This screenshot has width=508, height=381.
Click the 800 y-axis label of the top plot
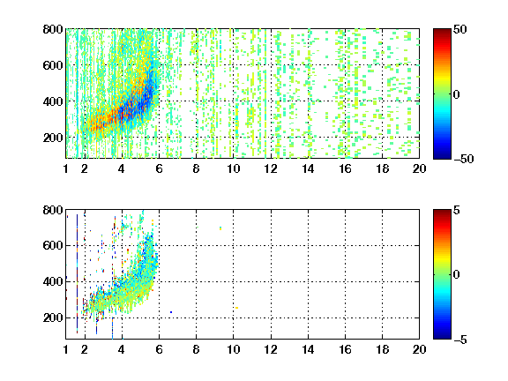pyautogui.click(x=53, y=29)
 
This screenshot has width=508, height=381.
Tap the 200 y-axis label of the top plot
pyautogui.click(x=53, y=138)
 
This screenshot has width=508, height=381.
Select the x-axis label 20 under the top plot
pyautogui.click(x=419, y=168)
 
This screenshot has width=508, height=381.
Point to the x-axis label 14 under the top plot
pyautogui.click(x=308, y=168)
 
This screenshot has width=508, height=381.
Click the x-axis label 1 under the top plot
pyautogui.click(x=66, y=168)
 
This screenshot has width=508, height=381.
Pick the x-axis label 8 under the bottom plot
pyautogui.click(x=196, y=349)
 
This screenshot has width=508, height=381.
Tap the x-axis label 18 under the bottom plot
pyautogui.click(x=382, y=349)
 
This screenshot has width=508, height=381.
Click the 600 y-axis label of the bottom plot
pyautogui.click(x=53, y=245)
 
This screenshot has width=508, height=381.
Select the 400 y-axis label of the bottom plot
pyautogui.click(x=53, y=281)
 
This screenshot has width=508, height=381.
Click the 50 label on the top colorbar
pyautogui.click(x=460, y=29)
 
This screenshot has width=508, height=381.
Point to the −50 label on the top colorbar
pyautogui.click(x=464, y=159)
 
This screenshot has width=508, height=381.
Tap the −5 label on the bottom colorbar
pyautogui.click(x=460, y=340)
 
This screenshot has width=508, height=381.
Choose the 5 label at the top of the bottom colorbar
pyautogui.click(x=457, y=210)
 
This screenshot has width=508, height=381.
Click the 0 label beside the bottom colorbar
pyautogui.click(x=457, y=275)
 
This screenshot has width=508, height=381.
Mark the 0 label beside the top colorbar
pyautogui.click(x=457, y=94)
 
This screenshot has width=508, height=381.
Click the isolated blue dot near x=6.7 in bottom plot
pyautogui.click(x=171, y=312)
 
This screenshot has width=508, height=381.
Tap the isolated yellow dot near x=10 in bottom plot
pyautogui.click(x=237, y=308)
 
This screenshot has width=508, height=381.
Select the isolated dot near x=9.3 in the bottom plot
pyautogui.click(x=220, y=228)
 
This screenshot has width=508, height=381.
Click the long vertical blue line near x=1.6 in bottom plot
pyautogui.click(x=77, y=273)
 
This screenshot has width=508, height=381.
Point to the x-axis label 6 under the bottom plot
pyautogui.click(x=159, y=349)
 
